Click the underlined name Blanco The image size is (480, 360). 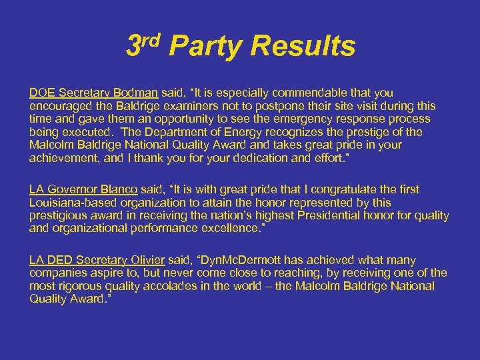[x=120, y=189]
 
